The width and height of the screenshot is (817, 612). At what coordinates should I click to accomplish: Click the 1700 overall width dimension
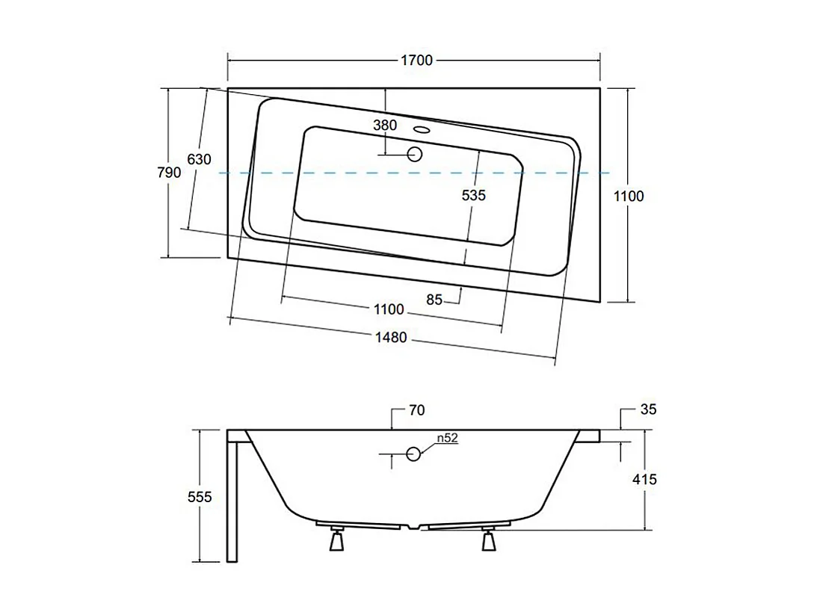click(416, 61)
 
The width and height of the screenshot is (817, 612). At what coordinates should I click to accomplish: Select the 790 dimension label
click(169, 173)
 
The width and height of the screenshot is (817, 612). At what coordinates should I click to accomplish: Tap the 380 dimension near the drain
click(385, 126)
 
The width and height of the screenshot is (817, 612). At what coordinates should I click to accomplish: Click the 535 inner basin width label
click(473, 195)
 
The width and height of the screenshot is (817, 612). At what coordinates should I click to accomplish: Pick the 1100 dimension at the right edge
click(628, 197)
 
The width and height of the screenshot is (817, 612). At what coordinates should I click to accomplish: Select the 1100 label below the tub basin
click(389, 309)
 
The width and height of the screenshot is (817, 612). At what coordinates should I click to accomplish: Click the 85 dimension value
click(434, 300)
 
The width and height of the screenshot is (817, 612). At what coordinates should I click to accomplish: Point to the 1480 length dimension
click(390, 338)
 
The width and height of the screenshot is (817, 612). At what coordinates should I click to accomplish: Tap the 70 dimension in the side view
click(417, 410)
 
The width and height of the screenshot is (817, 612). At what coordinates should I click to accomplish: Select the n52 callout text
click(446, 439)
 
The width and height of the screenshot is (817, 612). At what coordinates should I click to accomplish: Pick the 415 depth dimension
click(644, 479)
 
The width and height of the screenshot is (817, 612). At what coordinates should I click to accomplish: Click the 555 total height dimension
click(200, 496)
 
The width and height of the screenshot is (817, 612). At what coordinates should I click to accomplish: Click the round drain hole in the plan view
click(415, 155)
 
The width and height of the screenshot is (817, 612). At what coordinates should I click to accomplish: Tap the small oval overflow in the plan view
click(423, 129)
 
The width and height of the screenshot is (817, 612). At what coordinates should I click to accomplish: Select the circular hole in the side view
click(413, 453)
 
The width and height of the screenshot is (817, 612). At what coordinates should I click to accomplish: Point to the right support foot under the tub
click(490, 540)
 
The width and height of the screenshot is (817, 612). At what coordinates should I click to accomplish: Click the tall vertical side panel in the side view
click(232, 499)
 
